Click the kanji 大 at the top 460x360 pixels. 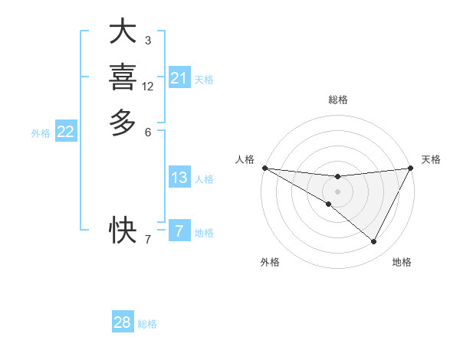(123, 32)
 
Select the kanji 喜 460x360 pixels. (123, 77)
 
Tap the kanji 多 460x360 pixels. (123, 123)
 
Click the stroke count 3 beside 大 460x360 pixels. (147, 40)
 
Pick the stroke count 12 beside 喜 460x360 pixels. (148, 87)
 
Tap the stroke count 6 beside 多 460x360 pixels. (147, 132)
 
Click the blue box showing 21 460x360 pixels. (179, 78)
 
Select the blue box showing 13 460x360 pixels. (179, 178)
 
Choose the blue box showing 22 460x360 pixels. (66, 132)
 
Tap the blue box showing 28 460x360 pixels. (123, 322)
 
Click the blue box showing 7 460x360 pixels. (179, 231)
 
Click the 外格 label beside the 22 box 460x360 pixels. (41, 133)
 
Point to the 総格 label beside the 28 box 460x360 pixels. (147, 324)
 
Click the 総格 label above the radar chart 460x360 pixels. (337, 100)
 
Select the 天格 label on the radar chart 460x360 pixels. (431, 159)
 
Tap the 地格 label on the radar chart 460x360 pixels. (402, 262)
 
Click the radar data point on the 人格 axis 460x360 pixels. (264, 167)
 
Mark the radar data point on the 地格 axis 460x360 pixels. (374, 242)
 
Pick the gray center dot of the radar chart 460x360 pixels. (337, 191)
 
